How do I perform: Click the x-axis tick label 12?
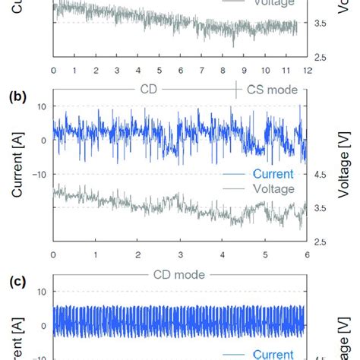[x=306, y=71]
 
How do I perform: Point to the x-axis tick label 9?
[x=243, y=71]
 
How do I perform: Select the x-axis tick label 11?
[x=286, y=71]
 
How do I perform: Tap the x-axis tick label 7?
[x=201, y=71]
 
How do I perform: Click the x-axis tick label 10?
[x=264, y=71]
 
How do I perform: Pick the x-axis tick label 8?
[x=222, y=71]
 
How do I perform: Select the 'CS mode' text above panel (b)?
[x=273, y=90]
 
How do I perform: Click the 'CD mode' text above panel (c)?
[x=179, y=273]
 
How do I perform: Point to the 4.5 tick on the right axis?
[x=321, y=175]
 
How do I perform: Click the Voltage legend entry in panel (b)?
[x=271, y=188]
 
